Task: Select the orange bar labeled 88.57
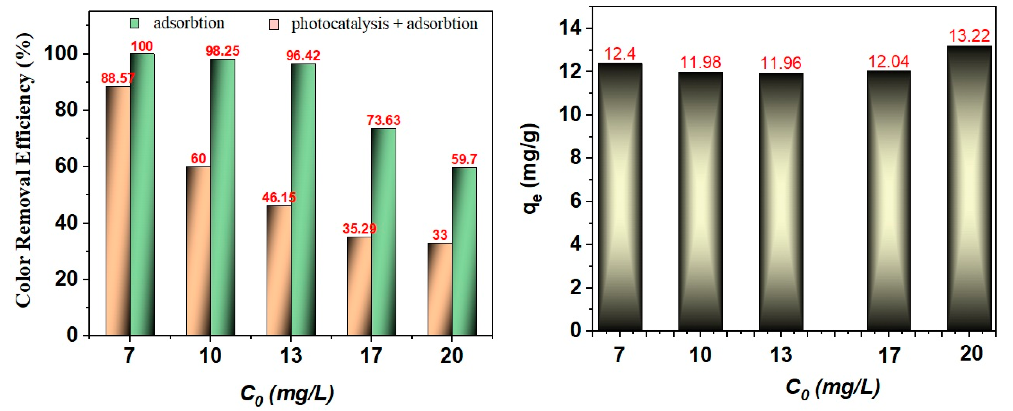(x=118, y=211)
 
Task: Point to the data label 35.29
(x=359, y=229)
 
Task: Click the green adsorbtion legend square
(x=134, y=24)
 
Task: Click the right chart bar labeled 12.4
(x=620, y=196)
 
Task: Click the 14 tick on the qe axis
(x=570, y=29)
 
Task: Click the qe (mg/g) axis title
(x=532, y=169)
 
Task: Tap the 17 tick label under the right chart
(x=889, y=356)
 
